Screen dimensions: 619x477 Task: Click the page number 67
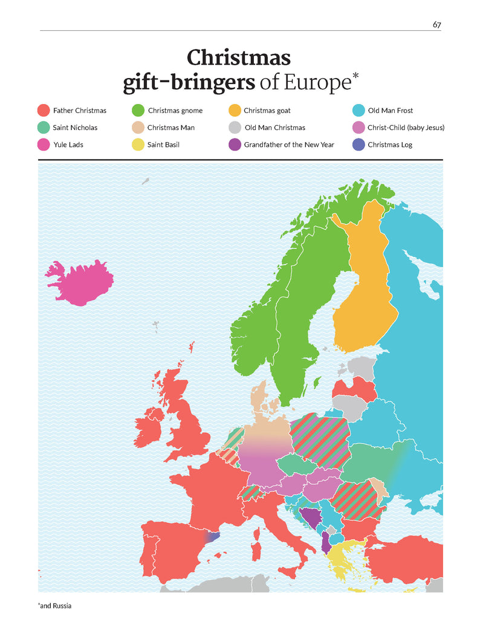click(x=436, y=24)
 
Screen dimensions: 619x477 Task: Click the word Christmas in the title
click(x=238, y=58)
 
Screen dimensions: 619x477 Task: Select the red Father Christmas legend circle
click(x=43, y=111)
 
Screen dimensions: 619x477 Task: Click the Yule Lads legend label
click(x=68, y=145)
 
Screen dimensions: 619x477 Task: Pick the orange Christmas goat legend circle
click(x=235, y=111)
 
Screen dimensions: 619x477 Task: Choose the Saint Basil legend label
click(x=163, y=145)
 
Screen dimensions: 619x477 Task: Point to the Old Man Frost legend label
click(x=390, y=111)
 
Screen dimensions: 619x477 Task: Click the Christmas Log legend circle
click(x=358, y=145)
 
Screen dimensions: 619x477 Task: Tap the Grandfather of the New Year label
click(x=288, y=145)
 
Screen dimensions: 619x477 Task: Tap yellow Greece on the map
click(x=343, y=559)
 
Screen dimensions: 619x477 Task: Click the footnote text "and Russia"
click(x=55, y=605)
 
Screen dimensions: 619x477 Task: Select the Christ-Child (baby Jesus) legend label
click(x=406, y=128)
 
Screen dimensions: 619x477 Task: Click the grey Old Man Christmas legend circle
click(x=235, y=128)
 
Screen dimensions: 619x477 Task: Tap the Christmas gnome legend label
click(x=175, y=111)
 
